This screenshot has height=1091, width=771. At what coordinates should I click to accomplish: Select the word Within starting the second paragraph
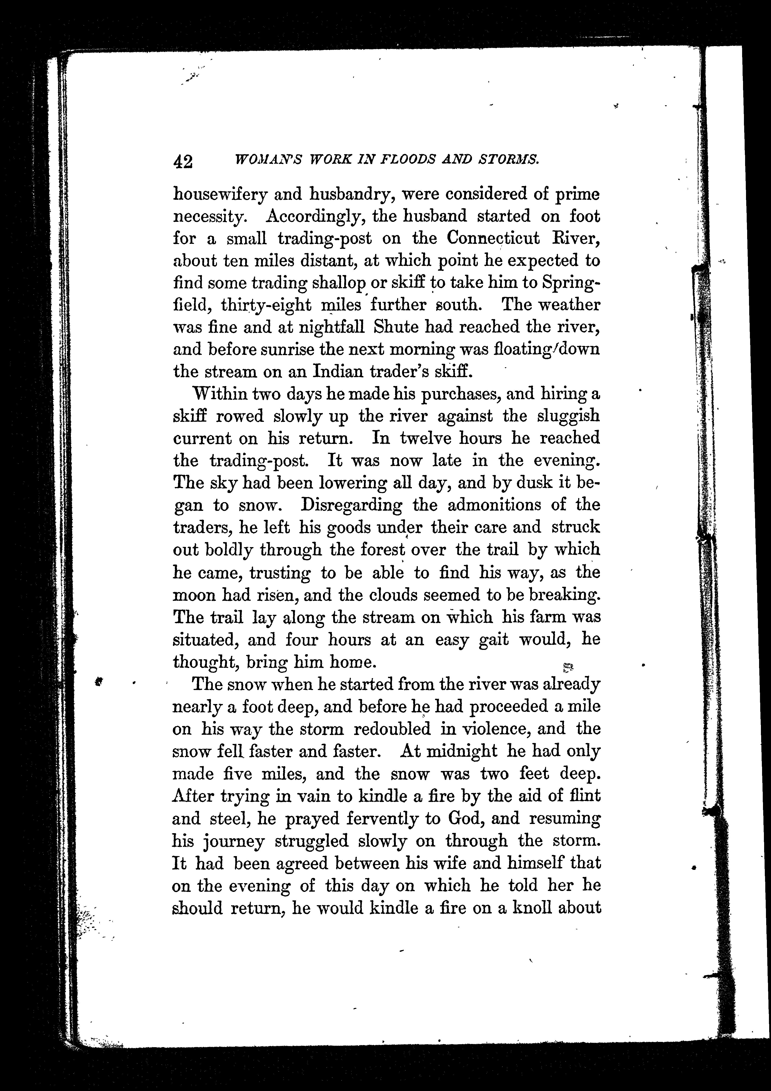[x=219, y=394]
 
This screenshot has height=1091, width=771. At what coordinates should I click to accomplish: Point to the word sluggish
[x=568, y=416]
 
